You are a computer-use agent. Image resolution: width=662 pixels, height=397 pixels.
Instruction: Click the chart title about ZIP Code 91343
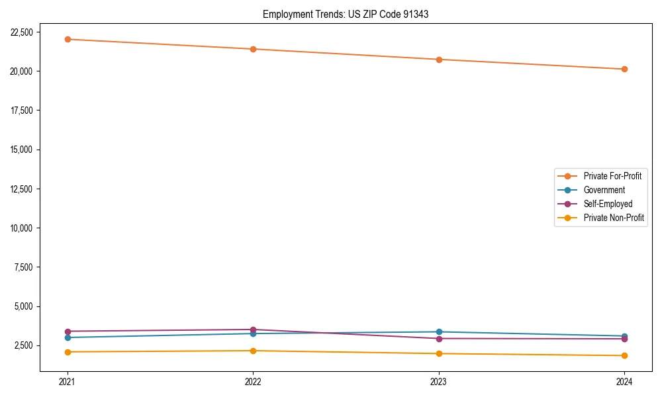[346, 14]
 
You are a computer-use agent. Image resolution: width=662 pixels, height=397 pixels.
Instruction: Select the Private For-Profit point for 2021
[68, 39]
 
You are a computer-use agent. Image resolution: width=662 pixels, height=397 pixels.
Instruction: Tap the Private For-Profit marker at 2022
[253, 49]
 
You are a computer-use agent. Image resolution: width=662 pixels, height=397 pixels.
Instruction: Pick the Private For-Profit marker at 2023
[439, 60]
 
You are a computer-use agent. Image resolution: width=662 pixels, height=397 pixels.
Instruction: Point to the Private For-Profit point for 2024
[624, 69]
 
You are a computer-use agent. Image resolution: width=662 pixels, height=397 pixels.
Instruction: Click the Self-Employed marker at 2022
[253, 330]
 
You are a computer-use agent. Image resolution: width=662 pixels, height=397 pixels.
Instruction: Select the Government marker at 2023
[439, 331]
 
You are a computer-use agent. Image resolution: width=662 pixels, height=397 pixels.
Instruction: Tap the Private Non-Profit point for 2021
[68, 352]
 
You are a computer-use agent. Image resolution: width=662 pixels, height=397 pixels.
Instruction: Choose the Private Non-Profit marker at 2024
[624, 355]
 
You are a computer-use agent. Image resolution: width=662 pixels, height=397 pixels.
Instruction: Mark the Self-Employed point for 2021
[68, 331]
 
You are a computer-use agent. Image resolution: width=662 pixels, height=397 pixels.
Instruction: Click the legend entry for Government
[604, 190]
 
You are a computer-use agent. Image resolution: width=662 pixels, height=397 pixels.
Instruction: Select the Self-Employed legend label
[608, 204]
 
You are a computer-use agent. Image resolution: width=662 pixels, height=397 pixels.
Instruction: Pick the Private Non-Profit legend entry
[614, 218]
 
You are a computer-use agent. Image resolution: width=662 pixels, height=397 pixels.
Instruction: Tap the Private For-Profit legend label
[612, 176]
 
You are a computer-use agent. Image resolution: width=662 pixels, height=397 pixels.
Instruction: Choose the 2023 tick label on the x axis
[439, 381]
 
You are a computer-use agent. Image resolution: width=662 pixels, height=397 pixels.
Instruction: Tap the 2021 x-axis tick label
[68, 381]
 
